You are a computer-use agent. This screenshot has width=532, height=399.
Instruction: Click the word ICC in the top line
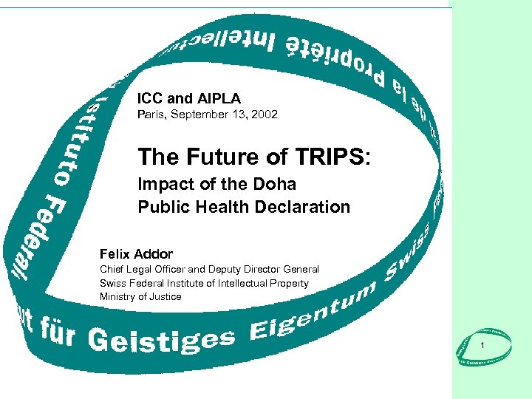click(x=150, y=98)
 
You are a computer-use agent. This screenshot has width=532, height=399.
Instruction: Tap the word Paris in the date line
click(x=152, y=115)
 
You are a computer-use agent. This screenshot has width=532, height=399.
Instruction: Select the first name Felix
click(x=115, y=254)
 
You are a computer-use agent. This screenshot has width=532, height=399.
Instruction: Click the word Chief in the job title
click(x=112, y=270)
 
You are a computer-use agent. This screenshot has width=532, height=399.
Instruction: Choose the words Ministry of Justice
click(x=140, y=296)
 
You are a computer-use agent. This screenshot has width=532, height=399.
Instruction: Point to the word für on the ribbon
click(x=51, y=337)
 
